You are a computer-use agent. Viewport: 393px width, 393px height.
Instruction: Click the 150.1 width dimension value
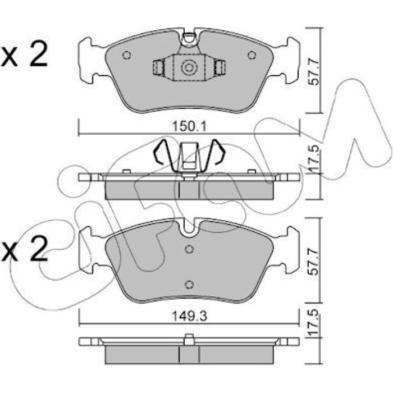(189, 126)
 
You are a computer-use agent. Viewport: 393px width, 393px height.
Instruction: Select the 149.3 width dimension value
(189, 317)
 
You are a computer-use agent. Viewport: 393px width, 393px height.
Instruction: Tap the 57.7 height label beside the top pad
(313, 71)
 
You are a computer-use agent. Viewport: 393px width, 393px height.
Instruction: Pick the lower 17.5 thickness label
(313, 323)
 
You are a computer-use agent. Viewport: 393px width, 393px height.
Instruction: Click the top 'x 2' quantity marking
(24, 54)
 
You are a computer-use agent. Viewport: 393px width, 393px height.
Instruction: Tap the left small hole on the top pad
(126, 55)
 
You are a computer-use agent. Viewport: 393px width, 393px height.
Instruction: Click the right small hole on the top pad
(252, 55)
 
